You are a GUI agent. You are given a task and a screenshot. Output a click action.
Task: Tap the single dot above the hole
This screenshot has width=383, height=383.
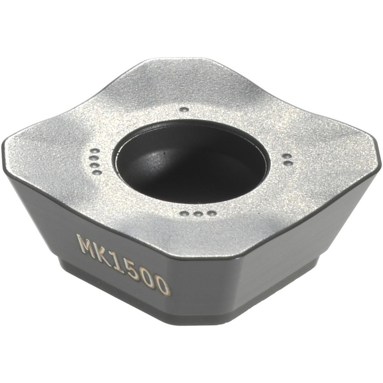[184, 109]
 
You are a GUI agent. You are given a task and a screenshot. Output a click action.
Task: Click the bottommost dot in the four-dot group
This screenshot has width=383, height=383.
[97, 172]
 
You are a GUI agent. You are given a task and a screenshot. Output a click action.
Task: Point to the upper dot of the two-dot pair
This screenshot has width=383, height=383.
[286, 156]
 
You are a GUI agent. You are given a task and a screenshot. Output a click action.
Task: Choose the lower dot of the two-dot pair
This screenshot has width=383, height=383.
[288, 163]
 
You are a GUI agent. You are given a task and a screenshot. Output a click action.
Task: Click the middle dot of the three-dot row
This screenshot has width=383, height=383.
[198, 214]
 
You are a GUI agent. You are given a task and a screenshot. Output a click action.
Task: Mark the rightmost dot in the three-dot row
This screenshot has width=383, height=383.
[211, 213]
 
